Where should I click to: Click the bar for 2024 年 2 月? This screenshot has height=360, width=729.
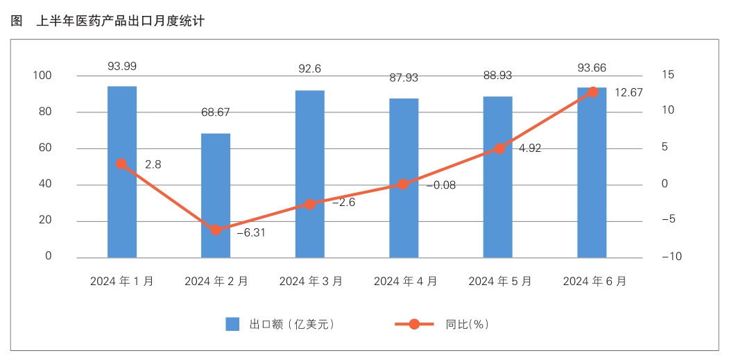pyautogui.click(x=216, y=195)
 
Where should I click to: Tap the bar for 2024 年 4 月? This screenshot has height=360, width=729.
pyautogui.click(x=404, y=178)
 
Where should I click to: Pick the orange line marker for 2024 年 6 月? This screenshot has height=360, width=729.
pyautogui.click(x=592, y=92)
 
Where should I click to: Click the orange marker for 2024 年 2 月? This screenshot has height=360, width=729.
pyautogui.click(x=216, y=230)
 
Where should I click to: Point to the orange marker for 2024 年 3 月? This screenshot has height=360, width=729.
pyautogui.click(x=310, y=204)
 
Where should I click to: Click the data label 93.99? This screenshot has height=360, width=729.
pyautogui.click(x=122, y=67)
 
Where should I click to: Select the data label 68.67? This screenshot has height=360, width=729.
pyautogui.click(x=216, y=112)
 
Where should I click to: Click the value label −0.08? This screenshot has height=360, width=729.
pyautogui.click(x=440, y=185)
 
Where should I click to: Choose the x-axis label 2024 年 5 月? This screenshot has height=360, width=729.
pyautogui.click(x=500, y=282)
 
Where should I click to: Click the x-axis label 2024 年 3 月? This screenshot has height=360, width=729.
pyautogui.click(x=311, y=282)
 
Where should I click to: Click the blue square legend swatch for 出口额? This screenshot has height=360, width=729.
pyautogui.click(x=232, y=324)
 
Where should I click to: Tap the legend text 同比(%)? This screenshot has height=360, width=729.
pyautogui.click(x=468, y=324)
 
